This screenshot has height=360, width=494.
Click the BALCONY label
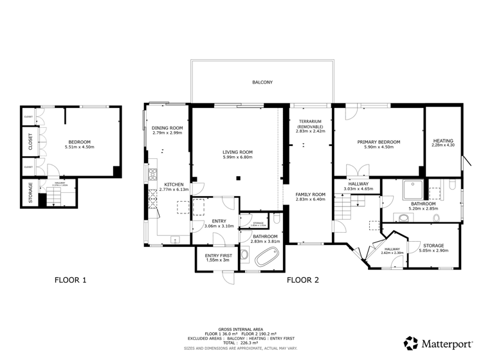(262, 82)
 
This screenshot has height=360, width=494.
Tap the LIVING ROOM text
(237, 152)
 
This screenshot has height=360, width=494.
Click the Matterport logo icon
(410, 343)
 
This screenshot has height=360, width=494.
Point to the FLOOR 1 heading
(70, 280)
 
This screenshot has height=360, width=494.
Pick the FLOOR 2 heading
(302, 280)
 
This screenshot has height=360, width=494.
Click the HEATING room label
(443, 141)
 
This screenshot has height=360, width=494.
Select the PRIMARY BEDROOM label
(379, 141)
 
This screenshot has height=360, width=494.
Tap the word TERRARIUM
(311, 121)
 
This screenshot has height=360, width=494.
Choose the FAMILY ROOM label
(311, 194)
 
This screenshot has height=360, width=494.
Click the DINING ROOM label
(167, 128)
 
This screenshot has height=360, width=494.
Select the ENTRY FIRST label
(218, 255)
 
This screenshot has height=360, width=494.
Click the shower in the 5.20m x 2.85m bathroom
(410, 191)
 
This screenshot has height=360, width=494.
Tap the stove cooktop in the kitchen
(152, 174)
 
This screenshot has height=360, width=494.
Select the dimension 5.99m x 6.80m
(237, 157)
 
